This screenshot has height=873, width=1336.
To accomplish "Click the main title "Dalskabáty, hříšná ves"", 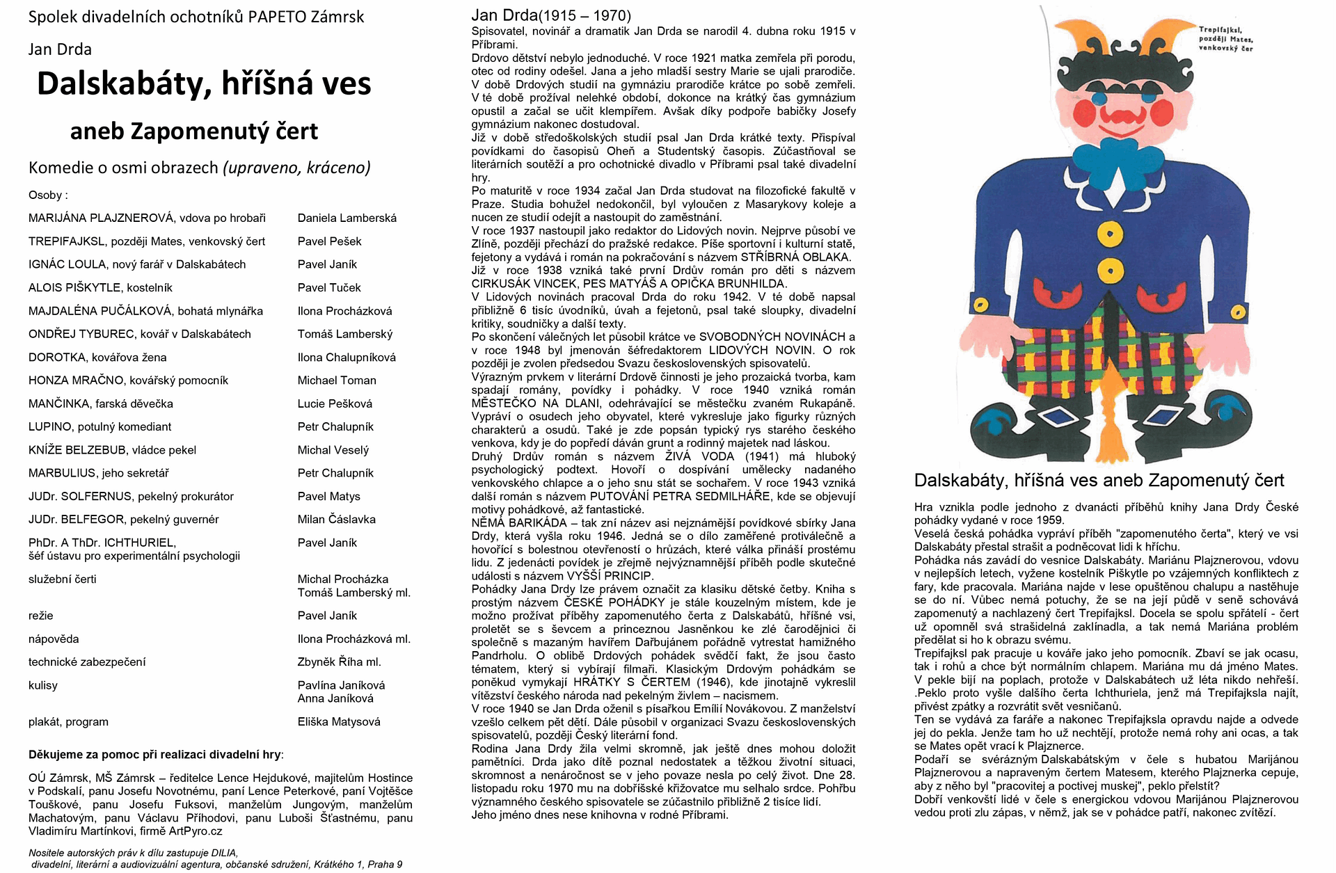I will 204,84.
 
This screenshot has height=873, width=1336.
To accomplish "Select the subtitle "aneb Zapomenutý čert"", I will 194,131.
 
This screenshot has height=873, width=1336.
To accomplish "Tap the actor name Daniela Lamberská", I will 347,218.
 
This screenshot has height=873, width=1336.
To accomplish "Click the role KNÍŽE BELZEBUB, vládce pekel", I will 112,450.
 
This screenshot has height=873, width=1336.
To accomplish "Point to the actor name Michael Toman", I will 337,381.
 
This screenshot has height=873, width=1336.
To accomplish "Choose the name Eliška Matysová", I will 339,722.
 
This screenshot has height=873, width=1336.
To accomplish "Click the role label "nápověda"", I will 54,639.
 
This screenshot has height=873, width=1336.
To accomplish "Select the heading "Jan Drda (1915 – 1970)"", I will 551,15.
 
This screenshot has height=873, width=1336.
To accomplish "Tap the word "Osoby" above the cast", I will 46,195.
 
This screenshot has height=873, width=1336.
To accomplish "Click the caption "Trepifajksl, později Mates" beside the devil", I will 1225,39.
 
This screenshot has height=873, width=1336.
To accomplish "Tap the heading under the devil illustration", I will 1099,480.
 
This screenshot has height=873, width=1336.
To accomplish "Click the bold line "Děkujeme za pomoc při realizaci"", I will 156,754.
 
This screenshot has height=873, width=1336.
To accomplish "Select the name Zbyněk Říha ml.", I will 339,662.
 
